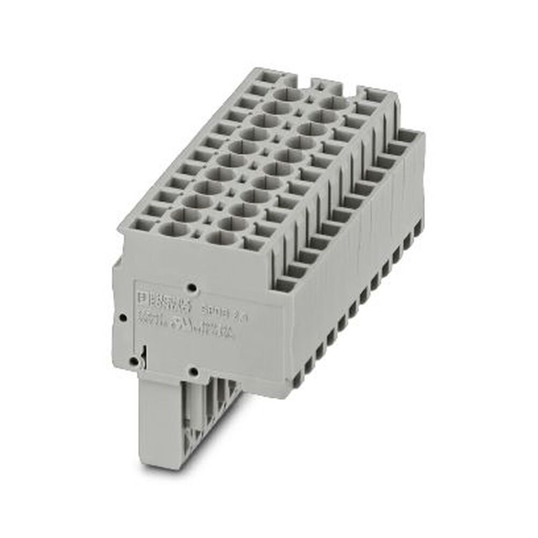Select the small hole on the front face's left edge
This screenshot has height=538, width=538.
(123, 317)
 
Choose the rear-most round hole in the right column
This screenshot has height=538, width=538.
(334, 103)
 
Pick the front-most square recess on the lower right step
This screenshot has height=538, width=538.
(285, 284)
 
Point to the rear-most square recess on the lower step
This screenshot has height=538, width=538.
(408, 136)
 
